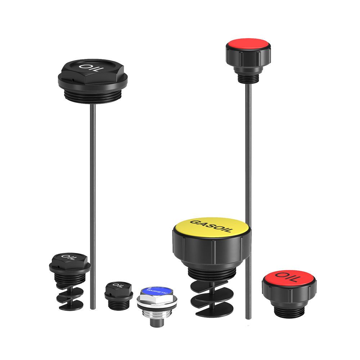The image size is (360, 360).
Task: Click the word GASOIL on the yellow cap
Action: (211, 226)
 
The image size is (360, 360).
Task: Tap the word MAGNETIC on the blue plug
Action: (157, 291)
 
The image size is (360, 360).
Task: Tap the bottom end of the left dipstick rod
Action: (93, 308)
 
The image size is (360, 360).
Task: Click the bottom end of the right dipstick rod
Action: (248, 318)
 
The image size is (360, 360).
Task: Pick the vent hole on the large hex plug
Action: (73, 80)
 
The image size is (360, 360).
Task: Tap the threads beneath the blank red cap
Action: (248, 78)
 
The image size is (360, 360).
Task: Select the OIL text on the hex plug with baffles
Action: (69, 257)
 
